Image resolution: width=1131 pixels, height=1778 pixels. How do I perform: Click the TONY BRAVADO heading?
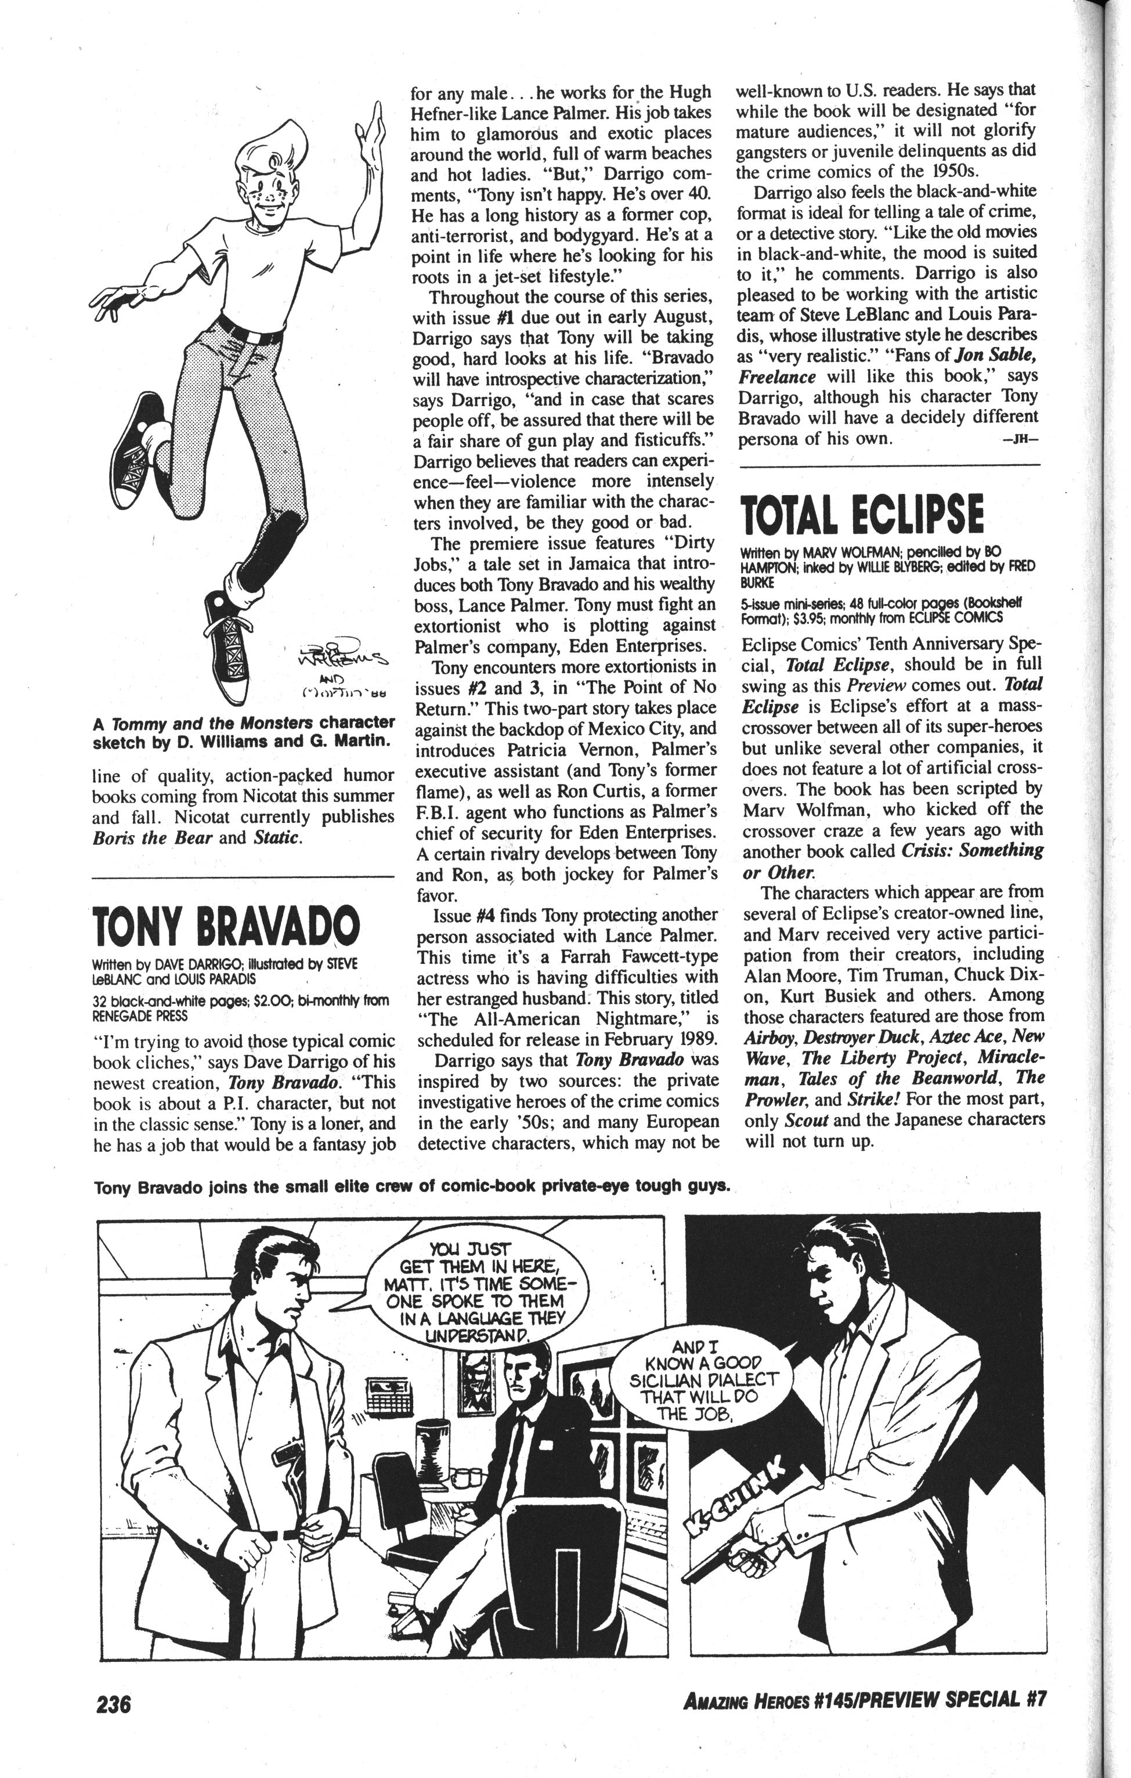(x=226, y=924)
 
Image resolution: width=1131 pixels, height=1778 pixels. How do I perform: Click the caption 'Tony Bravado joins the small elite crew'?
(x=412, y=1187)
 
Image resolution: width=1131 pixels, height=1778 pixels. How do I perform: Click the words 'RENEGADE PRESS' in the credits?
(x=140, y=1016)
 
